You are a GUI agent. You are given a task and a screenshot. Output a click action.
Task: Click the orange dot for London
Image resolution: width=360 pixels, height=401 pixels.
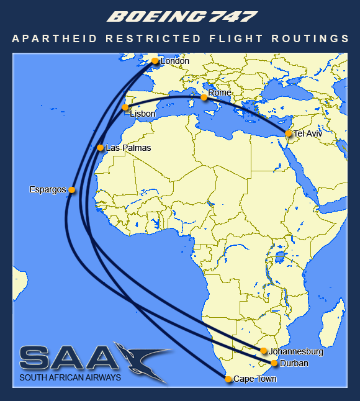coord(155,61)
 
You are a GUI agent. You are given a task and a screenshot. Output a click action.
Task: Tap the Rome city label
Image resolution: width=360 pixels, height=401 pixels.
coord(220,92)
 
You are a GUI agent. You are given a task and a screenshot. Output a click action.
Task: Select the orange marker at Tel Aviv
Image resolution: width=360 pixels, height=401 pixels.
coord(289,133)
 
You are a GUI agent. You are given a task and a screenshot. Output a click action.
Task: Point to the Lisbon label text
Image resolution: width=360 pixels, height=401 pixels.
coord(143,114)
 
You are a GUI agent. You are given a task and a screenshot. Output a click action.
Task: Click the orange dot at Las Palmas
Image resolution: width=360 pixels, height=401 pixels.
coord(101,148)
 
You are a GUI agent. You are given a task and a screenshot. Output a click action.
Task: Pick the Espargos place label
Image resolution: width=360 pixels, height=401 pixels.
coord(48,189)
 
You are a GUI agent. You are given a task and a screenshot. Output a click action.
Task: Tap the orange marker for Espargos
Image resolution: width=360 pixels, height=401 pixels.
coord(72,190)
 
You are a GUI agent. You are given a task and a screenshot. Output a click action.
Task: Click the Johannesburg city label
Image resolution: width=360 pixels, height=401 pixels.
coord(297,351)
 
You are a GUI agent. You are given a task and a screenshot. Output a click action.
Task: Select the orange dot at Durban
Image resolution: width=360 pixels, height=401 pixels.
coord(274,363)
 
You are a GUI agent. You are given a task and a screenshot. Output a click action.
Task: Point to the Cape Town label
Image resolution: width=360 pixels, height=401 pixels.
coord(255,379)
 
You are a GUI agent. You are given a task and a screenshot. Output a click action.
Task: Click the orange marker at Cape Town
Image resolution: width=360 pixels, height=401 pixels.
coord(228,379)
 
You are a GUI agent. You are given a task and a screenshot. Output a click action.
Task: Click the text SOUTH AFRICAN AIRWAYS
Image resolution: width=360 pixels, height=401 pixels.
coord(70,377)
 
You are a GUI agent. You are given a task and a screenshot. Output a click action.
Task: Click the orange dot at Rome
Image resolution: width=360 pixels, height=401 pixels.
coord(204,97)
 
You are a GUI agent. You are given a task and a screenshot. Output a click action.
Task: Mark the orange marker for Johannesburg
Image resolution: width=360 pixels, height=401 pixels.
coord(264,351)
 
